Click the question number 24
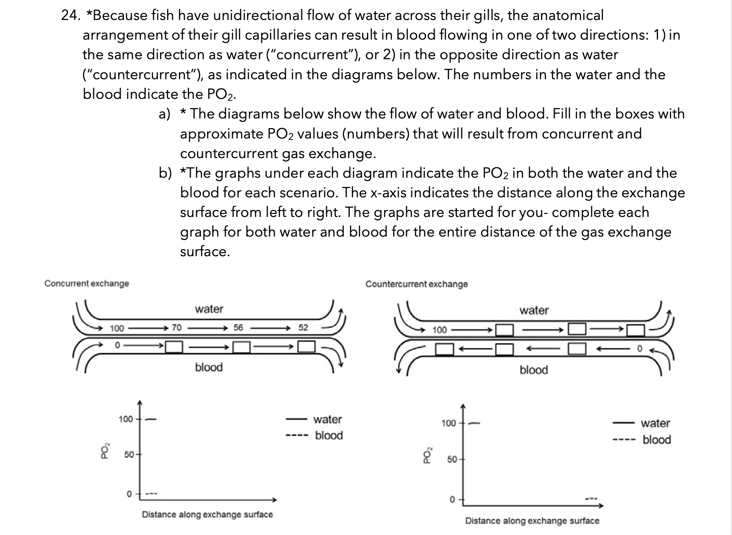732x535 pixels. pyautogui.click(x=70, y=16)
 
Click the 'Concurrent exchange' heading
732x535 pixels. pyautogui.click(x=87, y=284)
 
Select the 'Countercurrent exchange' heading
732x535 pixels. pyautogui.click(x=417, y=284)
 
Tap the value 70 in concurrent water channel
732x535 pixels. pyautogui.click(x=177, y=328)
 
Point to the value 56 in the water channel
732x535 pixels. pyautogui.click(x=238, y=328)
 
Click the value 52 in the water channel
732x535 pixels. pyautogui.click(x=303, y=328)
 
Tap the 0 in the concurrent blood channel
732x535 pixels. pyautogui.click(x=117, y=345)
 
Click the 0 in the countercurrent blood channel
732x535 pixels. pyautogui.click(x=639, y=348)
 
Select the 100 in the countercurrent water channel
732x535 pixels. pyautogui.click(x=439, y=330)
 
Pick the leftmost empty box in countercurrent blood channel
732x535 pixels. pyautogui.click(x=444, y=349)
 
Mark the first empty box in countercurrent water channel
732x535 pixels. pyautogui.click(x=504, y=330)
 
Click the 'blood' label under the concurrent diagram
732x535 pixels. pyautogui.click(x=209, y=367)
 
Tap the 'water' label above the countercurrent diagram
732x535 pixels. pyautogui.click(x=534, y=310)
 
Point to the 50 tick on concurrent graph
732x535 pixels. pyautogui.click(x=129, y=455)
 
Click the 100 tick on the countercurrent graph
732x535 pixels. pyautogui.click(x=449, y=423)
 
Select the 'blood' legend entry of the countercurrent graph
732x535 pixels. pyautogui.click(x=656, y=440)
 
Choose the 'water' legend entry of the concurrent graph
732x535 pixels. pyautogui.click(x=327, y=419)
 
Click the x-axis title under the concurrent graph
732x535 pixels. pyautogui.click(x=207, y=515)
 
